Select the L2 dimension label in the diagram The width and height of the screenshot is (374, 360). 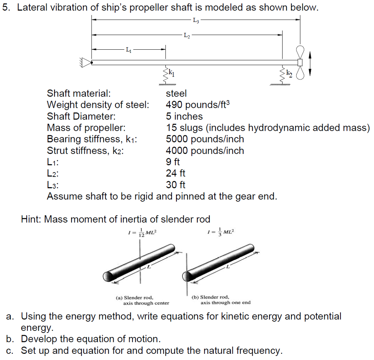[186, 35]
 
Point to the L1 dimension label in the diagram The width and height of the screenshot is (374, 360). [128, 49]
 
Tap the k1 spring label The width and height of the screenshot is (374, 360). [172, 73]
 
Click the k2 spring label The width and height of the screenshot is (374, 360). [289, 73]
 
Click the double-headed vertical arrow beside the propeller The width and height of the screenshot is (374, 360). [310, 63]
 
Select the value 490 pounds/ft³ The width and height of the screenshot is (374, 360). [198, 105]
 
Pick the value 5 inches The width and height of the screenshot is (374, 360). [184, 117]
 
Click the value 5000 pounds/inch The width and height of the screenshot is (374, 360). [205, 139]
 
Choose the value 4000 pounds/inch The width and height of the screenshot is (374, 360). [205, 151]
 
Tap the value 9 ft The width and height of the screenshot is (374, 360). [173, 162]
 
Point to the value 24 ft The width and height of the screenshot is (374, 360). [175, 173]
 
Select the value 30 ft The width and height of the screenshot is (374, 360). [175, 185]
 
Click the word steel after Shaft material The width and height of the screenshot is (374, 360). [176, 94]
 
